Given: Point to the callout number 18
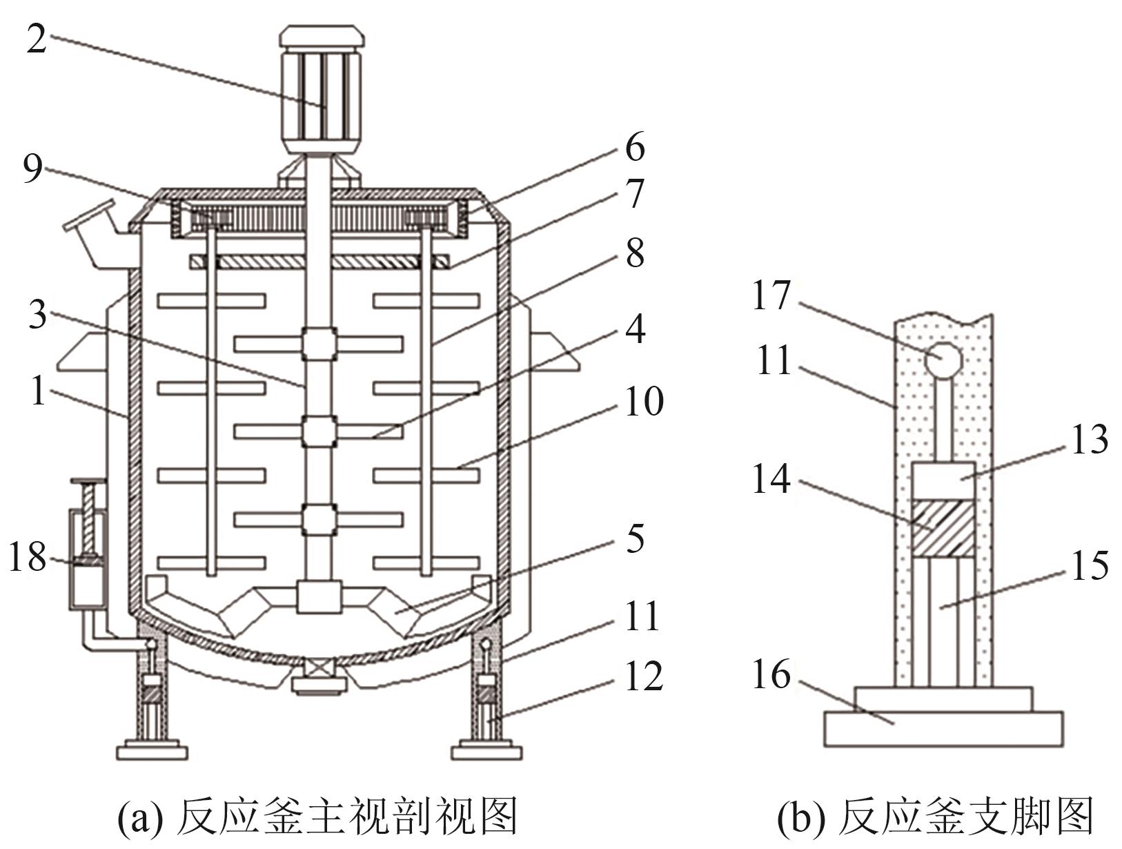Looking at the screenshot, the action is click(28, 557).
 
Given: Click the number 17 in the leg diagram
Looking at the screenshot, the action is click(772, 295).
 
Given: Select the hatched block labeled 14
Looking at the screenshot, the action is click(943, 528).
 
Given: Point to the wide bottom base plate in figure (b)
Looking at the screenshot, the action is click(944, 728).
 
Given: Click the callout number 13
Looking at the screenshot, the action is click(1090, 440).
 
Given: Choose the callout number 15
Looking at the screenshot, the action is click(1090, 566).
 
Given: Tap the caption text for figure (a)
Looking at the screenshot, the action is click(317, 817).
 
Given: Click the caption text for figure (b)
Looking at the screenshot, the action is click(936, 817).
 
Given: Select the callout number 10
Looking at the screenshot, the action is click(644, 402).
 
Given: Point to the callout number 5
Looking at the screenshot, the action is click(636, 539).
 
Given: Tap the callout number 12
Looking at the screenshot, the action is click(644, 676).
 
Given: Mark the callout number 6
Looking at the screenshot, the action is click(636, 148).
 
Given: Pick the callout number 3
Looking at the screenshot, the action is click(37, 315).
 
